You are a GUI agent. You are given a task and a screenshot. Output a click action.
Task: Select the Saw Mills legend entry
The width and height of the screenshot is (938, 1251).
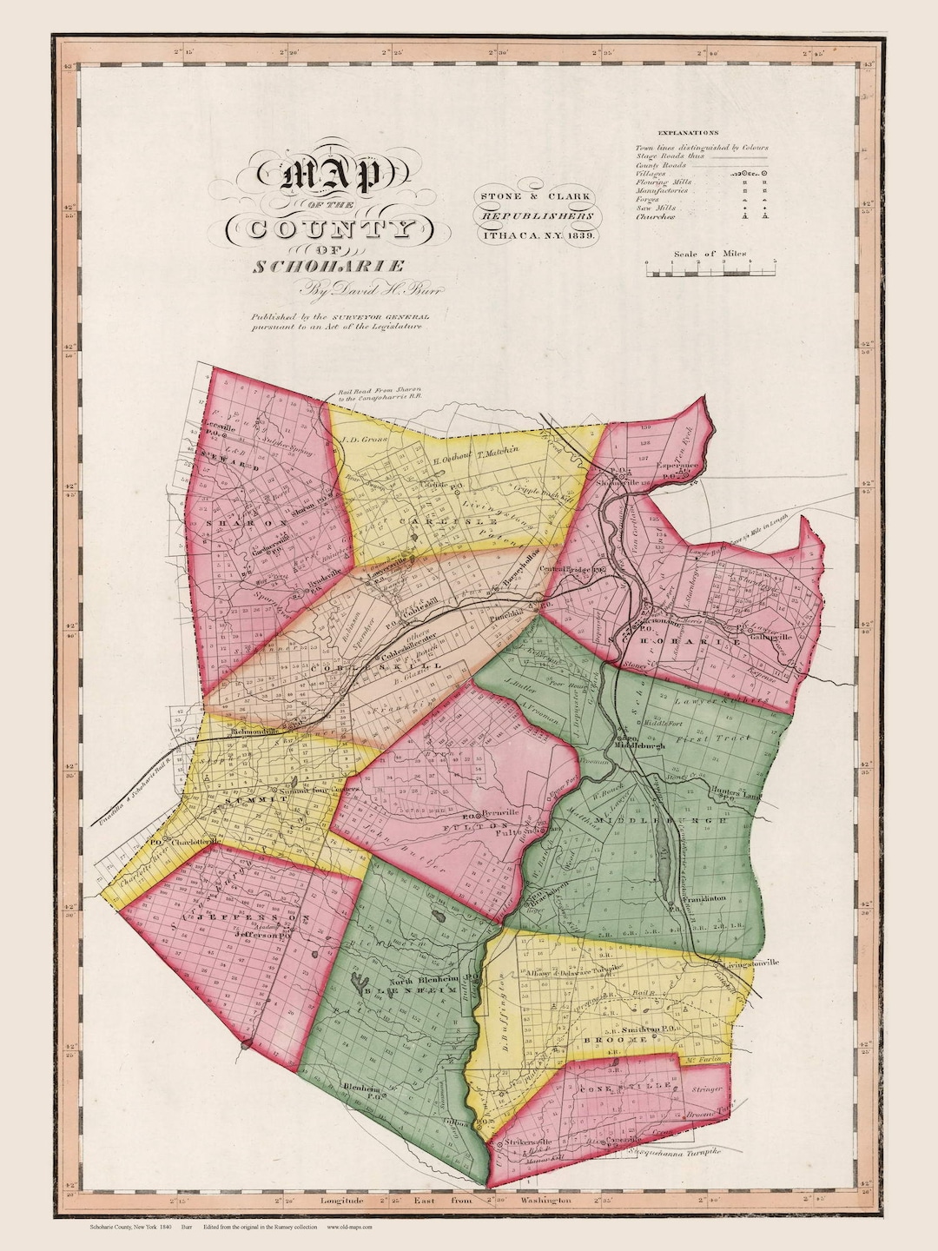(x=657, y=208)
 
